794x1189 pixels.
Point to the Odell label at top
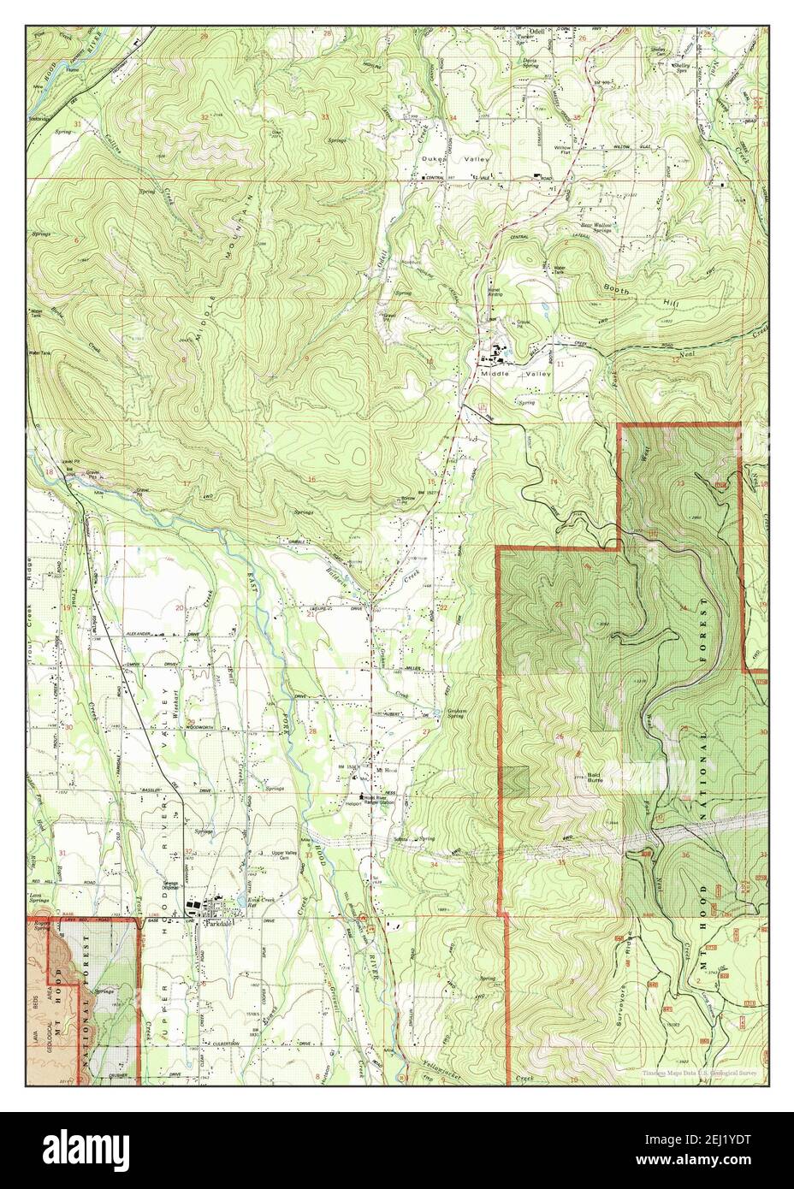(537, 32)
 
